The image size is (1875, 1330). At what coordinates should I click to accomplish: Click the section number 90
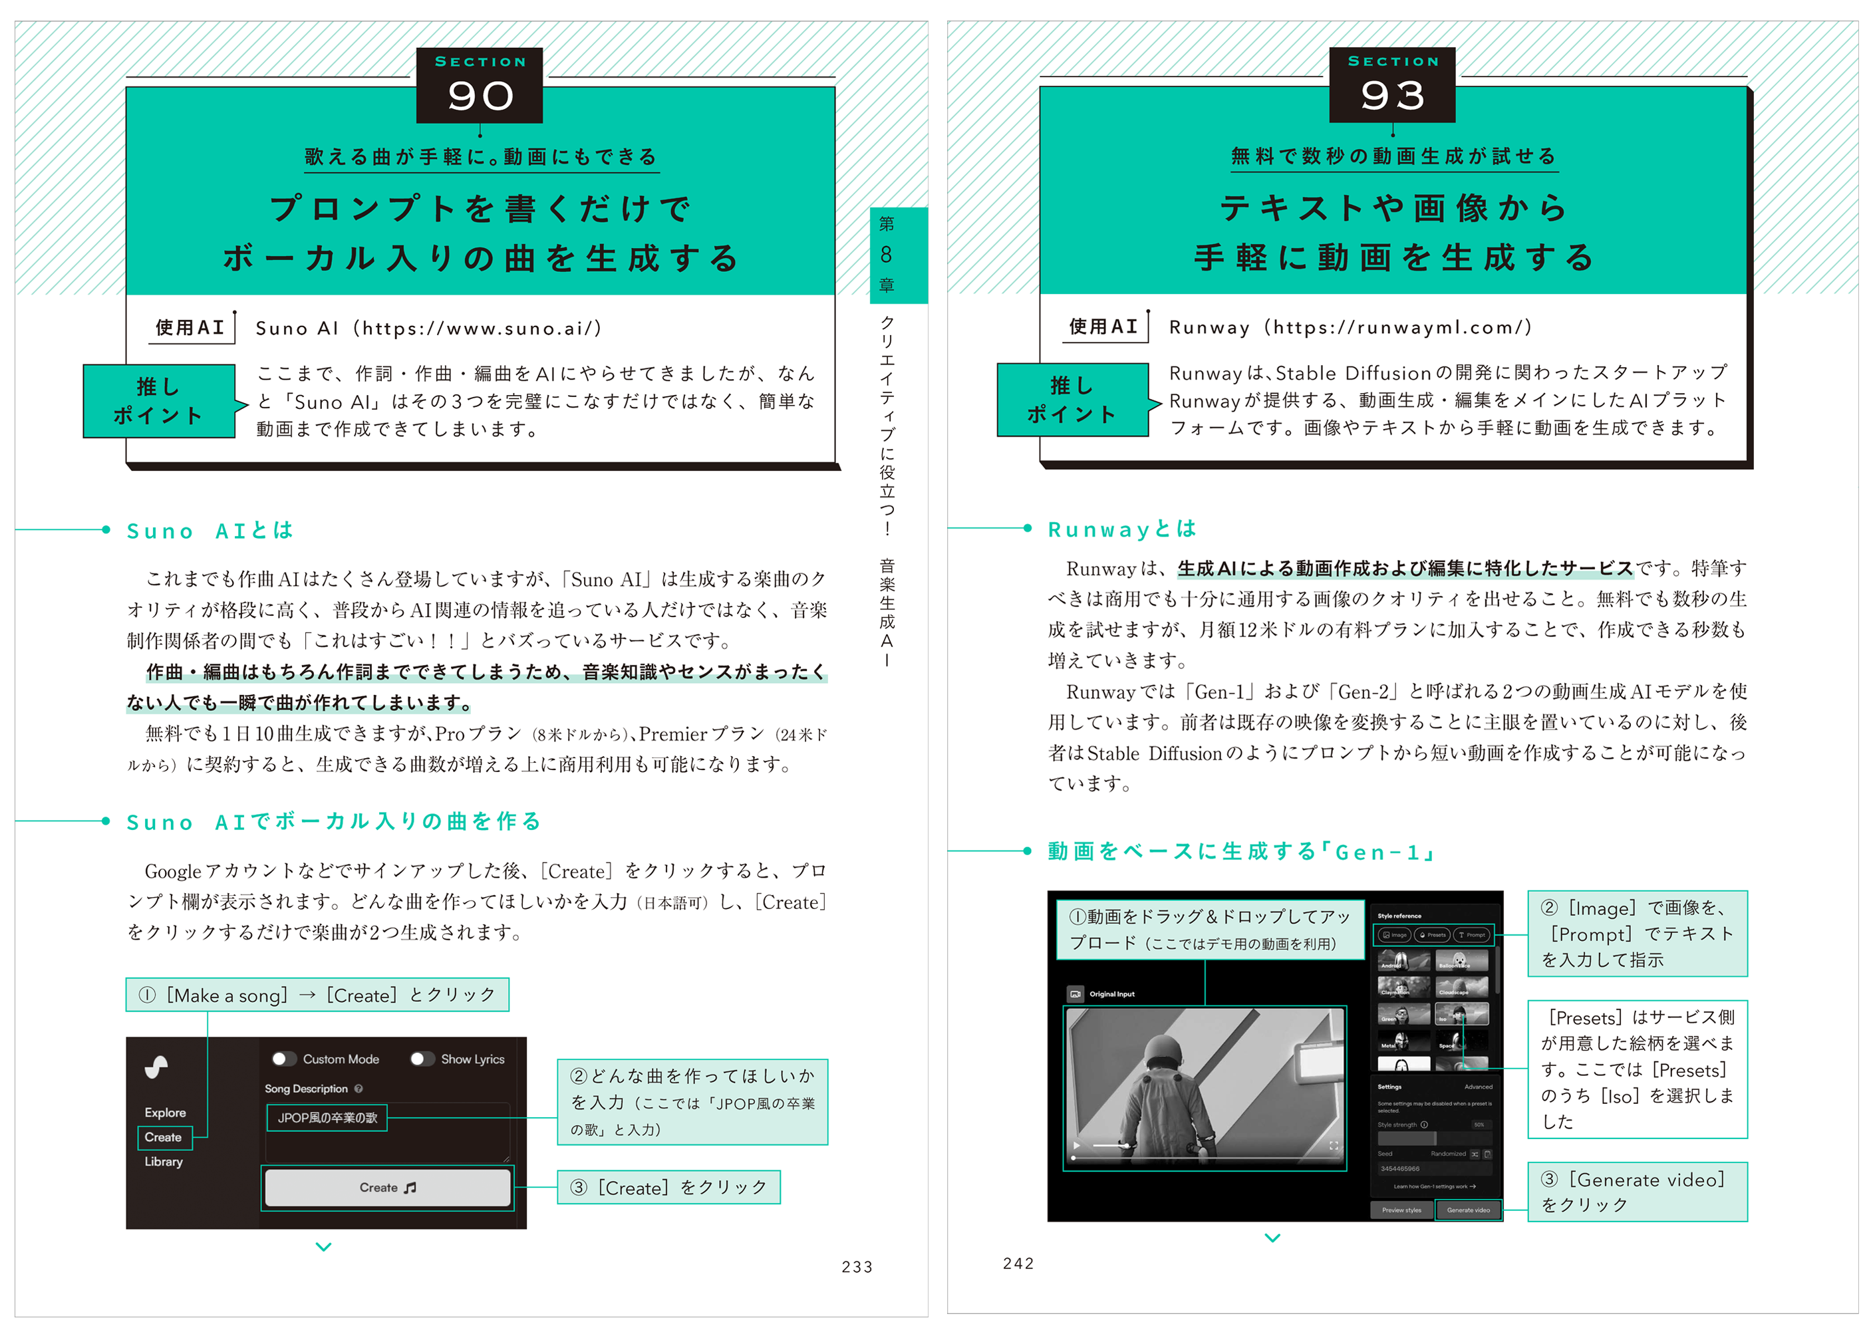coord(480,96)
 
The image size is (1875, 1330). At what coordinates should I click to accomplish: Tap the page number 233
coord(857,1267)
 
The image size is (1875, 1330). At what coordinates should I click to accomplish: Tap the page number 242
coord(1018,1263)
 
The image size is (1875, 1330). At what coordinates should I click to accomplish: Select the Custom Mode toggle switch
coord(283,1059)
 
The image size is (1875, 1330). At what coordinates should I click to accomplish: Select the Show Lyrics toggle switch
coord(421,1059)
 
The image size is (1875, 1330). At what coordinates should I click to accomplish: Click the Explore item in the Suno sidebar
coord(166,1112)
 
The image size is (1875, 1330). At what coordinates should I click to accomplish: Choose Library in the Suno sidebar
coord(164,1161)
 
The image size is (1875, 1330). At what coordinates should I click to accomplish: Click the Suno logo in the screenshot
coord(156,1067)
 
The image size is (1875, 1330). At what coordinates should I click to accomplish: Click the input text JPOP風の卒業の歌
coord(327,1118)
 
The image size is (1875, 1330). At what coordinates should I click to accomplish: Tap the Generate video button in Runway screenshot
coord(1468,1210)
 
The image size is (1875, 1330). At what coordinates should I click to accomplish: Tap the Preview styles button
coord(1401,1210)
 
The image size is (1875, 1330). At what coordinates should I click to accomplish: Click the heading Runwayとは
coord(1122,529)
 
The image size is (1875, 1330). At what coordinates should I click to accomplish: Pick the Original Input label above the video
coord(1111,994)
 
